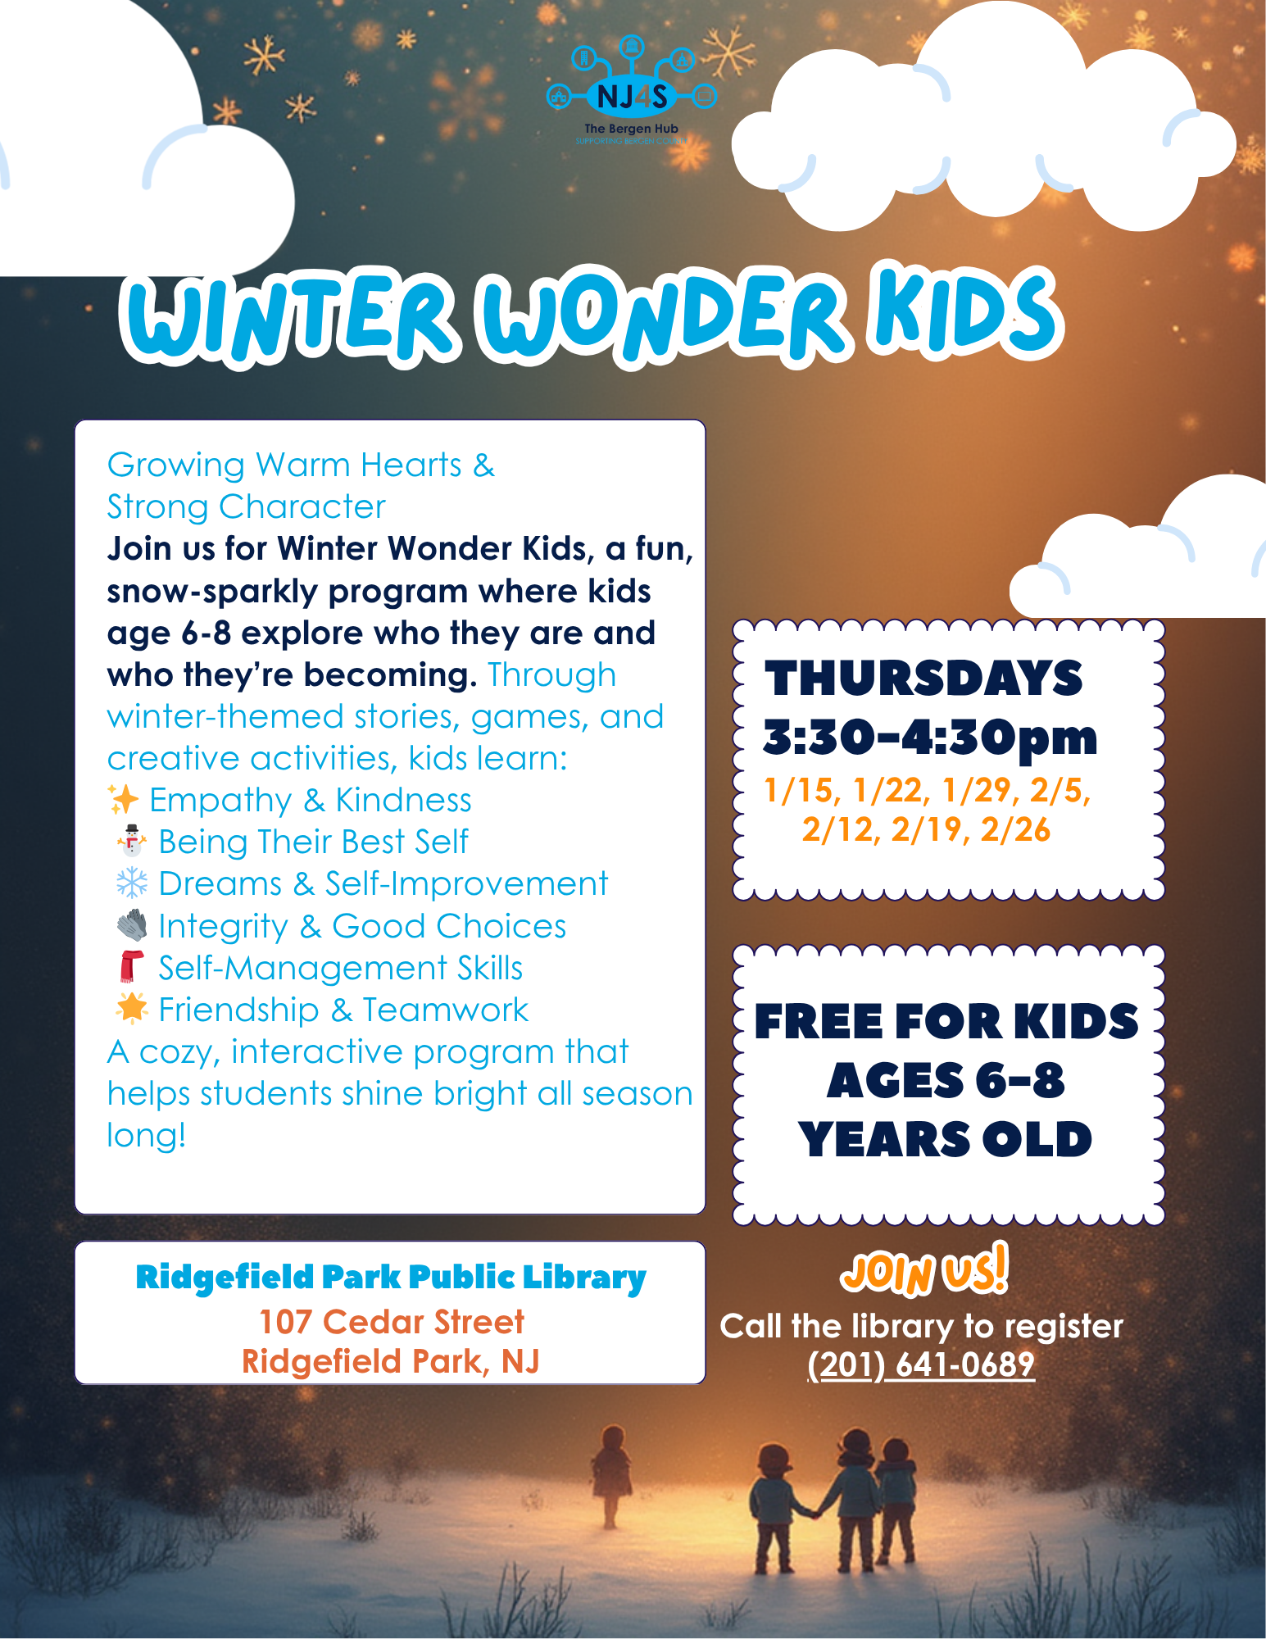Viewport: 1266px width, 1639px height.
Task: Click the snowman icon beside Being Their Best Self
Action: pyautogui.click(x=131, y=842)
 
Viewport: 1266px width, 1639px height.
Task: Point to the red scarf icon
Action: pyautogui.click(x=131, y=967)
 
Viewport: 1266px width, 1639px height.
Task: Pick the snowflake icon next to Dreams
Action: pyautogui.click(x=131, y=883)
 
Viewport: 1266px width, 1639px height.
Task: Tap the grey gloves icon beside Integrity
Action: pyautogui.click(x=131, y=925)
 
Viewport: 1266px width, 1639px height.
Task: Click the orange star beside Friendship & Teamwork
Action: pyautogui.click(x=131, y=1009)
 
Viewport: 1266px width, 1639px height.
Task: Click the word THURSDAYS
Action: pyautogui.click(x=923, y=679)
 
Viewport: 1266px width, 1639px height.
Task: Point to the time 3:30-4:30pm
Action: pyautogui.click(x=930, y=738)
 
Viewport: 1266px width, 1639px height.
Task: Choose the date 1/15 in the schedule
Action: pyautogui.click(x=801, y=791)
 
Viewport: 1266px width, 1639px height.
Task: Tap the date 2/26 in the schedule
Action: pyautogui.click(x=1015, y=830)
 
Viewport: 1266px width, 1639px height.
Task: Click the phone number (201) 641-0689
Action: pyautogui.click(x=921, y=1364)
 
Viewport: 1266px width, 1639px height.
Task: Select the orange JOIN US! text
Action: pyautogui.click(x=923, y=1272)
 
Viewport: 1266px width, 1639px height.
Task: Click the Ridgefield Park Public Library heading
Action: pyautogui.click(x=391, y=1277)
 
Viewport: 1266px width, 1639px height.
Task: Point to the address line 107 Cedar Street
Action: pyautogui.click(x=391, y=1322)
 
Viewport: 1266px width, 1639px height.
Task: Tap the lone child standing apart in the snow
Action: pyautogui.click(x=611, y=1475)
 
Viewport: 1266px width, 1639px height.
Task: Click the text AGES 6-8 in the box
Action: pyautogui.click(x=946, y=1080)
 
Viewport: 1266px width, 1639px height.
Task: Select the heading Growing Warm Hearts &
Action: pyautogui.click(x=301, y=465)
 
